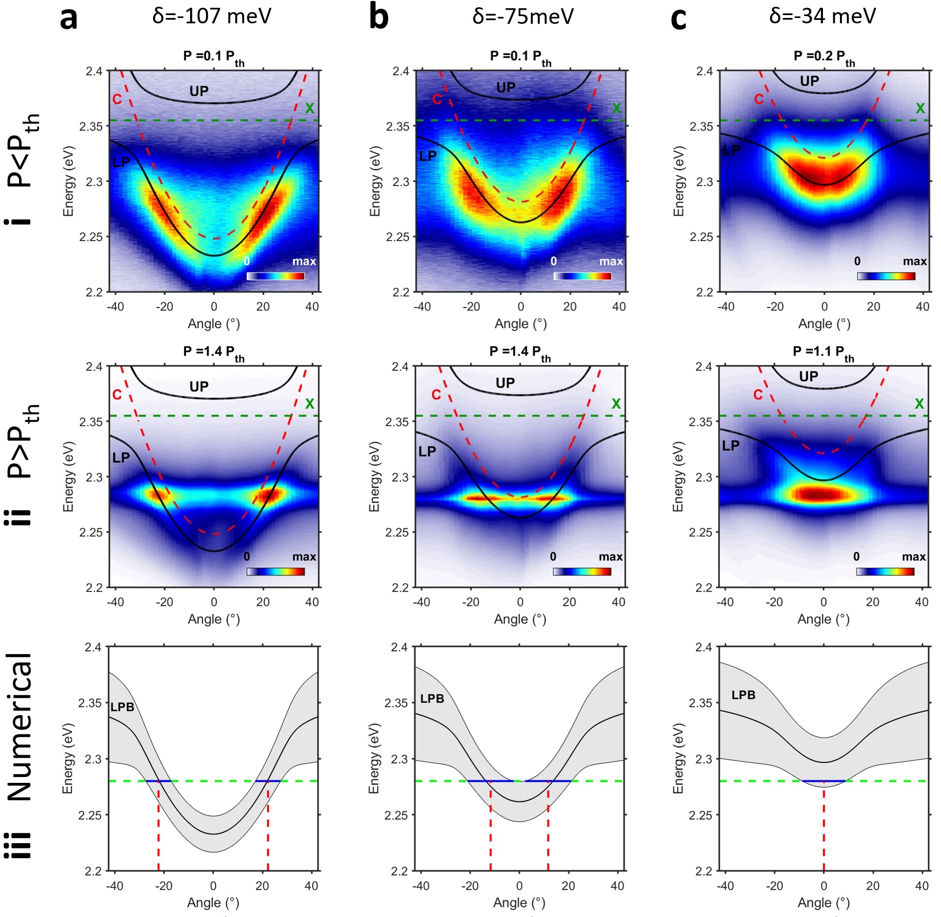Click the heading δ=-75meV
(x=523, y=17)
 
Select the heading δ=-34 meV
(x=822, y=16)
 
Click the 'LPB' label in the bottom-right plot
(x=743, y=695)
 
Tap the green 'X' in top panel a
(x=309, y=108)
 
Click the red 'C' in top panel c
(x=759, y=100)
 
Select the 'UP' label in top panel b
(x=506, y=87)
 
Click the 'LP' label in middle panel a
(x=121, y=458)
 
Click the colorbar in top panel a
(x=275, y=276)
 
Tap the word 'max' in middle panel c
(x=914, y=557)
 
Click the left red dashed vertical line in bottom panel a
(x=158, y=826)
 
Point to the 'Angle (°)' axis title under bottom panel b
(x=519, y=902)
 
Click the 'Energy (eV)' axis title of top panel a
(x=68, y=181)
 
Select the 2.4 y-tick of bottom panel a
(x=93, y=647)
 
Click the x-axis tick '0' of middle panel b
(x=520, y=602)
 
